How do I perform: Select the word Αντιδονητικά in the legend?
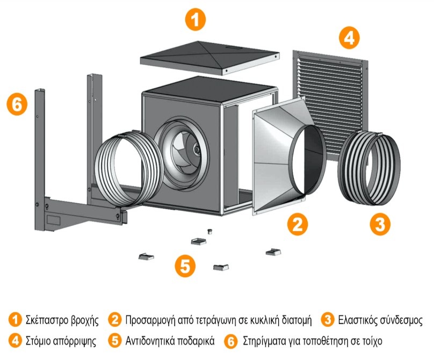pos(151,341)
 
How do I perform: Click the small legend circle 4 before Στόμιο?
pos(15,340)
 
